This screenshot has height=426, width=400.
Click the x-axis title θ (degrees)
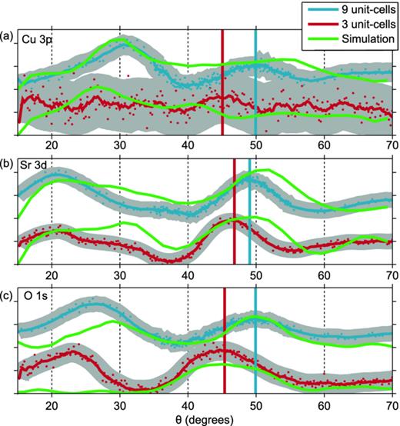tap(203, 418)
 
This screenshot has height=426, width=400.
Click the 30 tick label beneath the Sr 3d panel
tap(119, 275)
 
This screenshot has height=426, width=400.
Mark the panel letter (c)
tap(8, 295)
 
